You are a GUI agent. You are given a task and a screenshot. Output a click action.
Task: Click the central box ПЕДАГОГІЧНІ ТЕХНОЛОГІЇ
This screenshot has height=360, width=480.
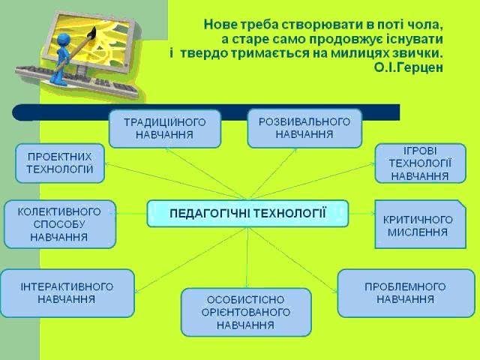(247, 213)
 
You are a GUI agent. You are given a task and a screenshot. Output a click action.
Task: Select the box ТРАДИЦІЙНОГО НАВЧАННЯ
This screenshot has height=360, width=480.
(165, 128)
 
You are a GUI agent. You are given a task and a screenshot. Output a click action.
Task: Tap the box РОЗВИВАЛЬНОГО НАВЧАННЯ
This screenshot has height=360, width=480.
(304, 128)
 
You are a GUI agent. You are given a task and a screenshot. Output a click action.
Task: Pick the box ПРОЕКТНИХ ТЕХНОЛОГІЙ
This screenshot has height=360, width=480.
(60, 163)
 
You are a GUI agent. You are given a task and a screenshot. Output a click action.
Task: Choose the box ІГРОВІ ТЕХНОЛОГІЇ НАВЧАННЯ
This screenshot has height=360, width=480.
(420, 163)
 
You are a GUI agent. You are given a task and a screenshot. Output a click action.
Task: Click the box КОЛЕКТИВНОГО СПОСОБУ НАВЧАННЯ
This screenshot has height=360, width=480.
(60, 224)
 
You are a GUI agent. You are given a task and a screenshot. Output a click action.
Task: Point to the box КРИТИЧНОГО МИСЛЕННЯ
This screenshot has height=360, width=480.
(420, 224)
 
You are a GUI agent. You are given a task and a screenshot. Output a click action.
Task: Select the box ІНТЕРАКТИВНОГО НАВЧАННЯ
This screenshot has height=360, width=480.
(67, 293)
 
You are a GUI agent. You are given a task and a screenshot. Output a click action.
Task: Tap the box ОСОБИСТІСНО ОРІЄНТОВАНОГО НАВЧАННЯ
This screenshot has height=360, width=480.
(246, 312)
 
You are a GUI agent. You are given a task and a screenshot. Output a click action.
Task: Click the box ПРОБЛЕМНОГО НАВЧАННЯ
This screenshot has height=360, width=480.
(406, 293)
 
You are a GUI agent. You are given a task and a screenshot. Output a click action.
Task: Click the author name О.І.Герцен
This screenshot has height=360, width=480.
(408, 67)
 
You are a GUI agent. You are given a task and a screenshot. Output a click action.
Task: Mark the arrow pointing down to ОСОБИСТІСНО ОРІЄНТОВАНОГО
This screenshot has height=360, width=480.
(247, 257)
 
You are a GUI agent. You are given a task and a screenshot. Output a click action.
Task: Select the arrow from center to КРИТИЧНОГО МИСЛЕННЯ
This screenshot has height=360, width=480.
(361, 213)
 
